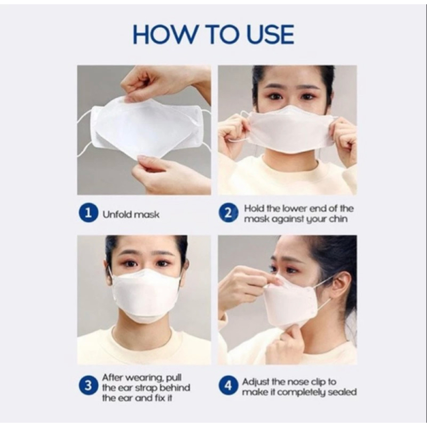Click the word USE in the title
click(270, 34)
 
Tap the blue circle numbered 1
click(89, 212)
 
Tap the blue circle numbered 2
click(228, 213)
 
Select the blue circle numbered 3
click(88, 386)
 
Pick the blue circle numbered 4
click(228, 386)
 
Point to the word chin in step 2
click(338, 219)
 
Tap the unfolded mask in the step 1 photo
click(142, 128)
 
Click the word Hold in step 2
click(254, 209)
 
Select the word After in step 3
click(112, 377)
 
